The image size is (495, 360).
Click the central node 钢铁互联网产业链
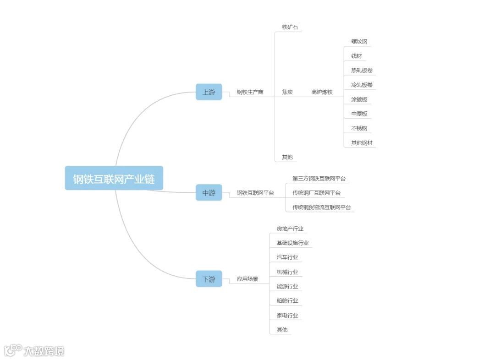[x=114, y=178]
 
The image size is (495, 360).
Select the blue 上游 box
[x=209, y=92]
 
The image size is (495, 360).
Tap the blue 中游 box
[x=209, y=193]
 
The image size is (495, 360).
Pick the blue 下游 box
[x=209, y=278]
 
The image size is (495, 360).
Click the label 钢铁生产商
[x=250, y=92]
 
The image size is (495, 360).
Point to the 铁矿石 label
[x=290, y=27]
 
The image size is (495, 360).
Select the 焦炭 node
[x=287, y=92]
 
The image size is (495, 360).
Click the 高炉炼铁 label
[x=322, y=92]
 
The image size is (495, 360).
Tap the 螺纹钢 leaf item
[x=359, y=42]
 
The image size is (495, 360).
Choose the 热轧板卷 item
[x=362, y=71]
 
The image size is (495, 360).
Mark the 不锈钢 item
[x=359, y=128]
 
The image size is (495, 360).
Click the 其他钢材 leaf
[x=362, y=143]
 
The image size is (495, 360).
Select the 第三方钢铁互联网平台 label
[x=319, y=179]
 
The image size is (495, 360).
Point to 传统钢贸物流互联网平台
[x=322, y=207]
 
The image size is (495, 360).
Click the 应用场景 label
[x=247, y=278]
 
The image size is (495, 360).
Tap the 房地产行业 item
[x=290, y=229]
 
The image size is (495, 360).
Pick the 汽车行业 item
[x=287, y=257]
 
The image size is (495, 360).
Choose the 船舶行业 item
[x=287, y=300]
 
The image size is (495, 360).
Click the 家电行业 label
[x=287, y=315]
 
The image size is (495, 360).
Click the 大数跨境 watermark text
[x=44, y=351]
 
